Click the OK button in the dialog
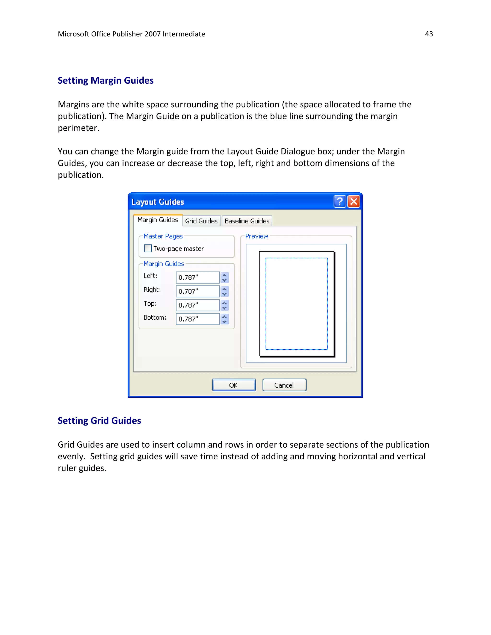pyautogui.click(x=234, y=385)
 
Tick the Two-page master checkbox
pyautogui.click(x=148, y=248)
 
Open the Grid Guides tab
pyautogui.click(x=201, y=221)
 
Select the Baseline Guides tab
pyautogui.click(x=247, y=221)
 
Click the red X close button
pyautogui.click(x=354, y=202)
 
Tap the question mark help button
pyautogui.click(x=339, y=202)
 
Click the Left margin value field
pyautogui.click(x=198, y=277)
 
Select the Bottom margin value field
pyautogui.click(x=198, y=319)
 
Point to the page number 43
pyautogui.click(x=429, y=34)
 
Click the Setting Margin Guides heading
pyautogui.click(x=105, y=81)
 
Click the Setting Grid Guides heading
pyautogui.click(x=99, y=421)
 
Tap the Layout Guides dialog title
pyautogui.click(x=158, y=202)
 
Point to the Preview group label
pyautogui.click(x=257, y=236)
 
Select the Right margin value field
pyautogui.click(x=198, y=291)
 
